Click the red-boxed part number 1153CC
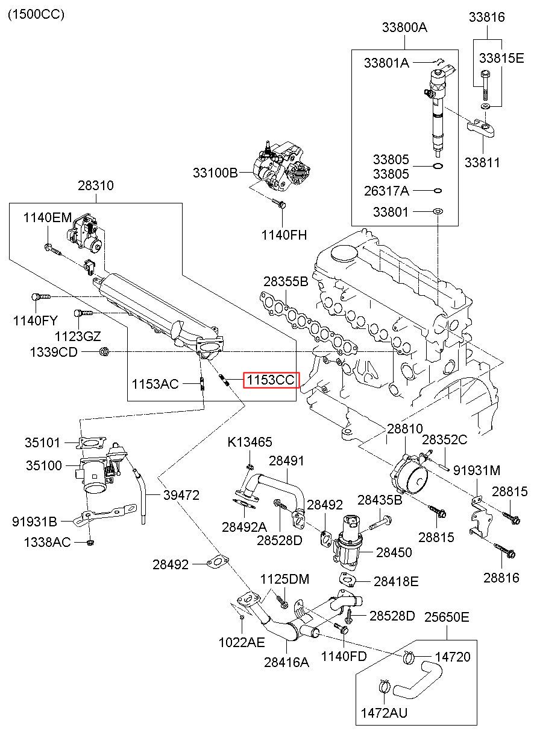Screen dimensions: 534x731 pyautogui.click(x=271, y=380)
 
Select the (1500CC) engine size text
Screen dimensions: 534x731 pyautogui.click(x=36, y=14)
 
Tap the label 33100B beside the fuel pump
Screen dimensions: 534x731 pyautogui.click(x=215, y=173)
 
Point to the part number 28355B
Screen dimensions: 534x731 pyautogui.click(x=286, y=281)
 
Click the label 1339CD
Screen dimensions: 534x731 pyautogui.click(x=54, y=352)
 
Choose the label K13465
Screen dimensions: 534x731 pyautogui.click(x=250, y=442)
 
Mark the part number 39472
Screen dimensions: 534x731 pyautogui.click(x=181, y=496)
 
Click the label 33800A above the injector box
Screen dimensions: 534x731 pyautogui.click(x=404, y=27)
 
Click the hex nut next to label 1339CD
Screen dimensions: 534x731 pyautogui.click(x=104, y=352)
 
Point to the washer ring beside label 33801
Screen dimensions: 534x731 pyautogui.click(x=438, y=212)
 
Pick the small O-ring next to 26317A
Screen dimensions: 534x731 pyautogui.click(x=438, y=191)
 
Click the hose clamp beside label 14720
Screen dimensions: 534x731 pyautogui.click(x=409, y=656)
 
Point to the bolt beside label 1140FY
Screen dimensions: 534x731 pyautogui.click(x=41, y=297)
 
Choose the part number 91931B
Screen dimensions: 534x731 pyautogui.click(x=34, y=522)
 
